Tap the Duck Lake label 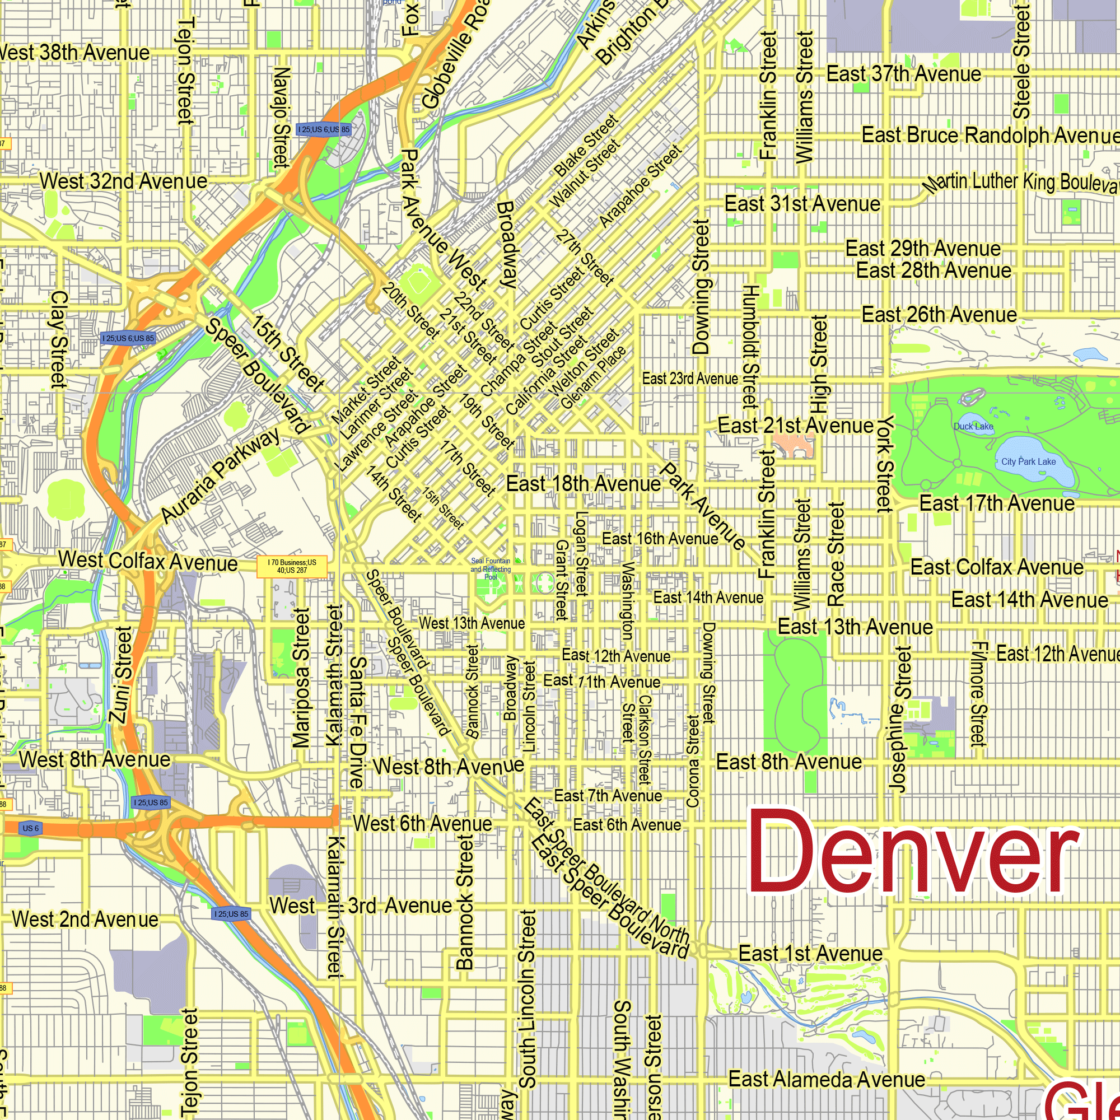coord(973,427)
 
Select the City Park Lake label coord(1028,461)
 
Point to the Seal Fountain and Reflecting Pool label coord(491,569)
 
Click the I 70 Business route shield coord(292,566)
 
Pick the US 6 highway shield coord(30,828)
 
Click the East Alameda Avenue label coord(827,1080)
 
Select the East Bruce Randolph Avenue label coord(990,135)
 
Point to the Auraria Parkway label coord(220,476)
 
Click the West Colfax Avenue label coord(148,561)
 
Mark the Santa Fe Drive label coord(358,722)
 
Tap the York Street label coord(884,464)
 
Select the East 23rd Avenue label coord(690,379)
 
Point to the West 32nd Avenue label coord(123,181)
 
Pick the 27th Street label coord(584,258)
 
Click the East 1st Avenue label coord(810,953)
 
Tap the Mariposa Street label coord(301,678)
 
